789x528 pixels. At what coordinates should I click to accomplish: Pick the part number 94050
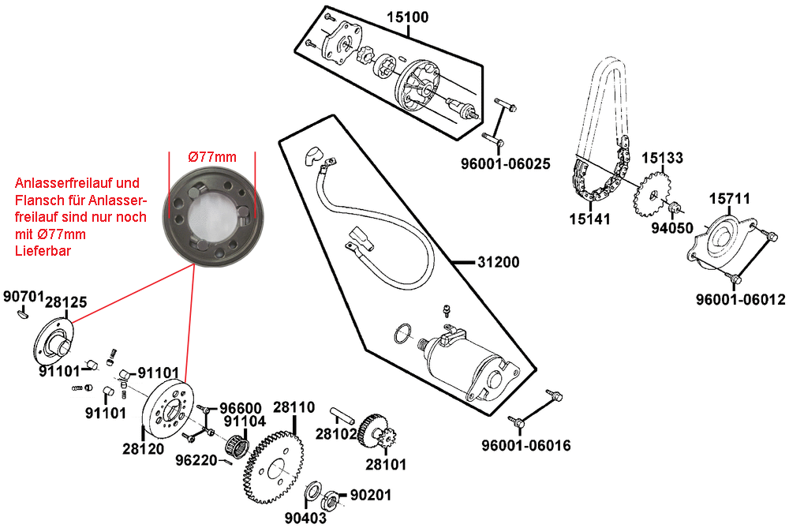(671, 228)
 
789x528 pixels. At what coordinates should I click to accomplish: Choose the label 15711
(729, 198)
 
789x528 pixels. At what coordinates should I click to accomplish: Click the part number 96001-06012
(741, 300)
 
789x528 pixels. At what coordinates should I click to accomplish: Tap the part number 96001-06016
(526, 446)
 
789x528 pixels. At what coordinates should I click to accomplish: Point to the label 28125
(65, 301)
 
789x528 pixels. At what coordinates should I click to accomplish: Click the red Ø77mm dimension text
(212, 157)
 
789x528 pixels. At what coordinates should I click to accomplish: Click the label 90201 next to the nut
(370, 495)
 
